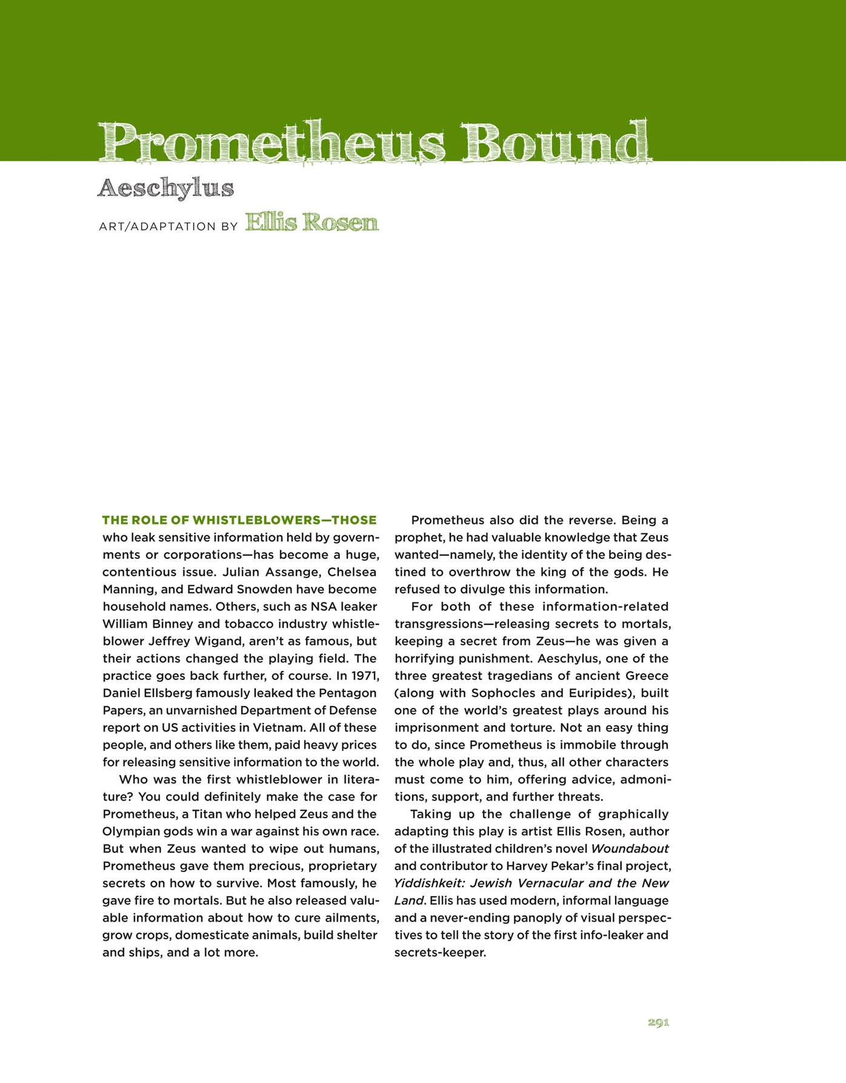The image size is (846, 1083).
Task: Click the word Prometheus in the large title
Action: pos(271,143)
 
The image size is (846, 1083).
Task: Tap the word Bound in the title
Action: pos(556,143)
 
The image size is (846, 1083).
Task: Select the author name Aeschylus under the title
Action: pos(165,188)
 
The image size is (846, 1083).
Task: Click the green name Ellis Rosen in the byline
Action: pos(311,222)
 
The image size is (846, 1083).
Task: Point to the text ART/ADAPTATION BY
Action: pos(168,227)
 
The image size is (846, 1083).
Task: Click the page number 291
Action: pos(658,1022)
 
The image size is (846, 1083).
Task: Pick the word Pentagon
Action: pos(348,693)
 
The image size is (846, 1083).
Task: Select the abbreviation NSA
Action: pos(323,607)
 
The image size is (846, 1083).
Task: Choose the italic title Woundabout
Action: pos(630,848)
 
